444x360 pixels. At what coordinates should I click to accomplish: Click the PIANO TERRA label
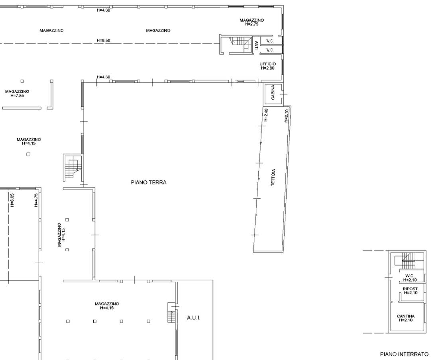coord(149,182)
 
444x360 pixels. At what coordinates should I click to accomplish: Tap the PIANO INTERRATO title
coord(404,354)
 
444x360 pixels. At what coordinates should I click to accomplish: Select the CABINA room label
coord(273,92)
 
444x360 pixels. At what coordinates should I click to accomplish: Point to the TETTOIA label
coord(273,178)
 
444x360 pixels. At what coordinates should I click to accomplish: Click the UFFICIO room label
coord(267,64)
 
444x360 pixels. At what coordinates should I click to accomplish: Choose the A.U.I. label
coord(193,318)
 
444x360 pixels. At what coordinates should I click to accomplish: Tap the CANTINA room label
coord(406,316)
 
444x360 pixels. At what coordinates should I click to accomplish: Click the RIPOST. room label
coord(411,289)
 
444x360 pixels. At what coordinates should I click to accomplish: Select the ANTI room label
coord(256,45)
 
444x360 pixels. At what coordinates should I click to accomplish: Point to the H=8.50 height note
coord(103,41)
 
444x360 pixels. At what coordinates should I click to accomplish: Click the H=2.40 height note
coord(266,115)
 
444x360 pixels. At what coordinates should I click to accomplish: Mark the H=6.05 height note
coord(12,200)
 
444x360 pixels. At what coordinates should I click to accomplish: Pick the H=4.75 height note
coord(36,200)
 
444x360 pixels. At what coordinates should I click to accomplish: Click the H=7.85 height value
coord(17,96)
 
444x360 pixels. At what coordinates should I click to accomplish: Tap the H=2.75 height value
coord(252,24)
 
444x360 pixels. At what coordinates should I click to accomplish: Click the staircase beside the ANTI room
coord(240,45)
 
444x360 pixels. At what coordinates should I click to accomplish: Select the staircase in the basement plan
coord(408,261)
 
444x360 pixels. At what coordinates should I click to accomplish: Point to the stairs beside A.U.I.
coord(171,313)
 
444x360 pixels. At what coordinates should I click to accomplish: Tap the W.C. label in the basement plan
coord(410,276)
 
